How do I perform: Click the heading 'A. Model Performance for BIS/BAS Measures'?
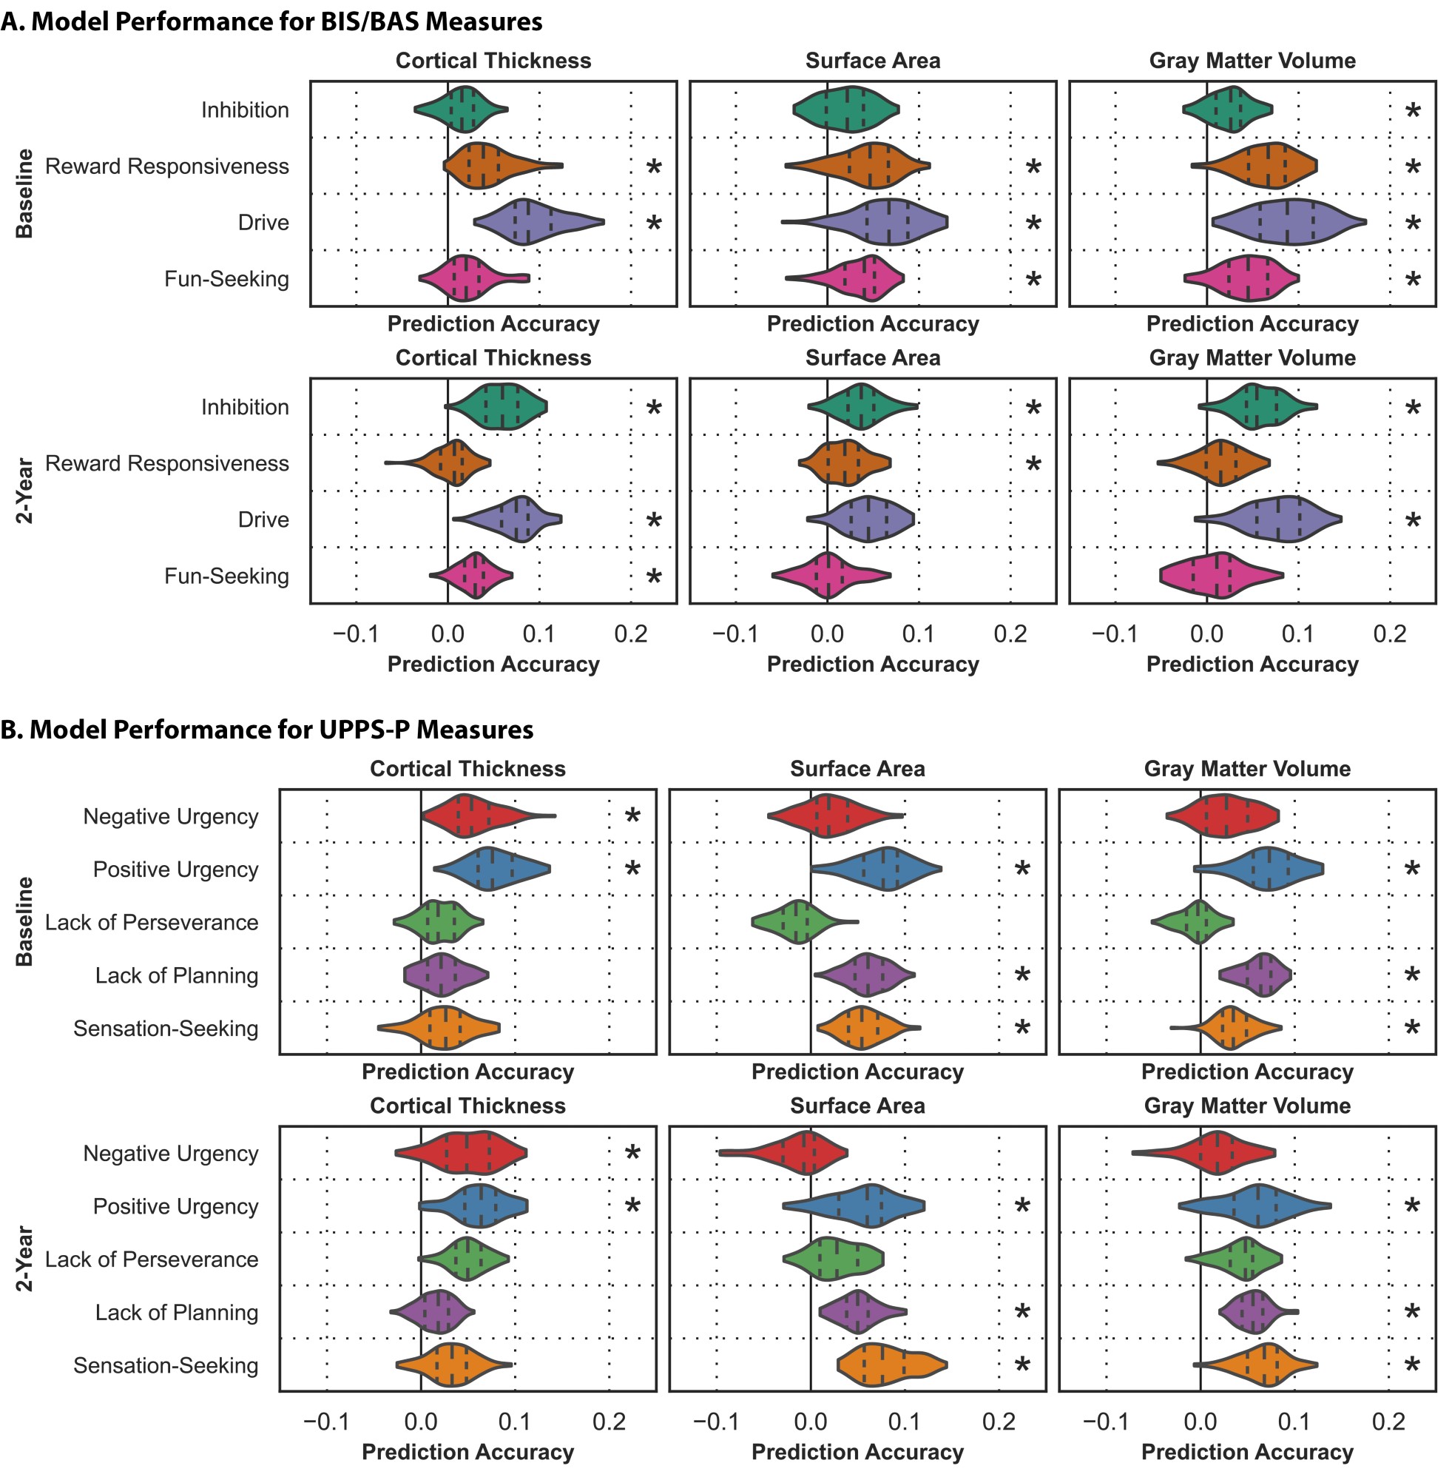pos(271,21)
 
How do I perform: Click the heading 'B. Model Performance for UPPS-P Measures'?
pos(267,730)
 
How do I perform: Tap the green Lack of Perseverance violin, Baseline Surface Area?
pos(797,922)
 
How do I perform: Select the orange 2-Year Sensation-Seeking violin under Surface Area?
pos(888,1365)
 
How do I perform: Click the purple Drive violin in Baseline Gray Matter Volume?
pos(1289,223)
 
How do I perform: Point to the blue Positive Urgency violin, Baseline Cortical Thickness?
pos(492,869)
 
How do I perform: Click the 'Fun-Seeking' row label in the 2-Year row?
pos(226,576)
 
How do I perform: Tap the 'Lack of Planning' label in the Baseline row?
pos(176,976)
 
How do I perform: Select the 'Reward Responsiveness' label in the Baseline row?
pos(167,166)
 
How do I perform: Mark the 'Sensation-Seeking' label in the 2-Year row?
pos(166,1365)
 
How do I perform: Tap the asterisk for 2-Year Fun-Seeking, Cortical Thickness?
pos(654,576)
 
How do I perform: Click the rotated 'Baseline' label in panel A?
pos(24,194)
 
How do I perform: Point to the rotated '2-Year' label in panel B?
pos(24,1259)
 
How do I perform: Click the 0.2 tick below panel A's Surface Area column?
pos(1010,634)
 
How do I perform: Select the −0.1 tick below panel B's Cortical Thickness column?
pos(325,1422)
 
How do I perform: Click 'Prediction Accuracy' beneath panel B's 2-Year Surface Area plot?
pos(857,1453)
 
